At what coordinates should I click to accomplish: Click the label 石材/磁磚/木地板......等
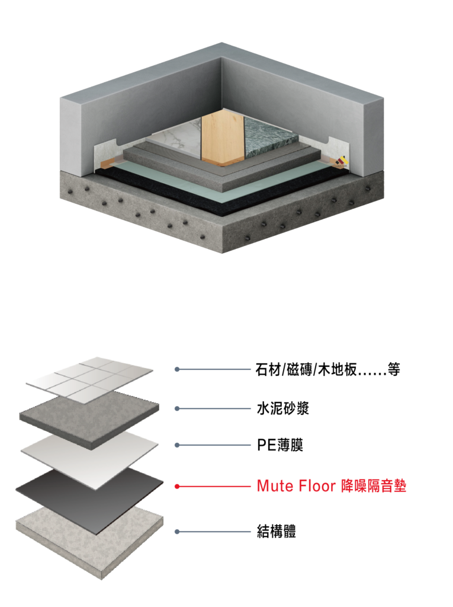click(x=327, y=369)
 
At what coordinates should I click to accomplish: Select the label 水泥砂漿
click(x=283, y=408)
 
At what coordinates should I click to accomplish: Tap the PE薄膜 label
click(x=280, y=445)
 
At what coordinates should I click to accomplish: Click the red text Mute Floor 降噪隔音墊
click(x=332, y=486)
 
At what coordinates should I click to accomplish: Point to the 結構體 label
click(x=276, y=531)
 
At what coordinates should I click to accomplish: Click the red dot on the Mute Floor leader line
click(x=177, y=486)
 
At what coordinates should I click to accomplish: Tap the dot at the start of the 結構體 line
click(x=177, y=532)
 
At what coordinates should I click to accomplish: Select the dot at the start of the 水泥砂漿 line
click(x=177, y=408)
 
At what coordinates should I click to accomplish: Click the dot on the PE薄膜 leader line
click(x=177, y=445)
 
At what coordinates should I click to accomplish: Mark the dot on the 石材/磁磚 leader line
click(x=177, y=369)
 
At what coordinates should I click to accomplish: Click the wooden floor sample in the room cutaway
click(x=223, y=139)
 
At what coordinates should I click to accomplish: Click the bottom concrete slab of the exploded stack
click(x=90, y=542)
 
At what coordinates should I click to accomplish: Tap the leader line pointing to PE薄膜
click(x=214, y=445)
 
